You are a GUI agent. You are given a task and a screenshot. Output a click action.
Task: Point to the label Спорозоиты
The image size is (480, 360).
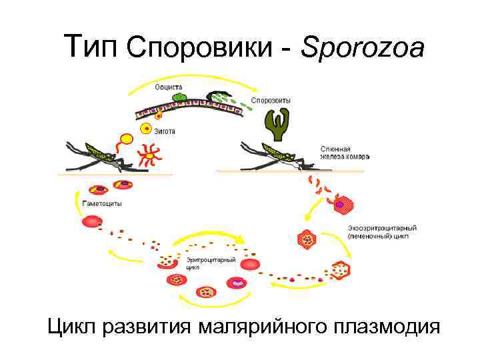tap(271, 101)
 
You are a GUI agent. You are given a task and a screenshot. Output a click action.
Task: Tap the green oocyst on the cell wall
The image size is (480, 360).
tap(179, 98)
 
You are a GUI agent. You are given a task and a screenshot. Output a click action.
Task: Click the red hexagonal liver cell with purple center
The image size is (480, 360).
tap(342, 203)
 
